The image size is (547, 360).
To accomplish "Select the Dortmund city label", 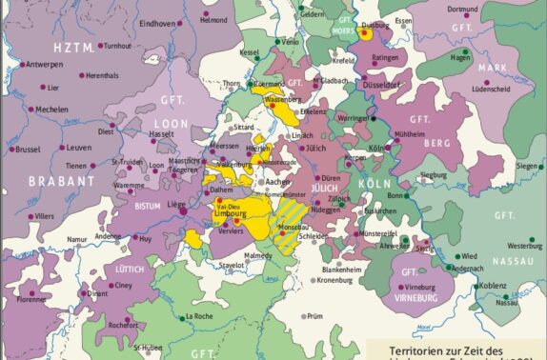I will point(489,10).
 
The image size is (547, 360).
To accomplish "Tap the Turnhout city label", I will point(118,46).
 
